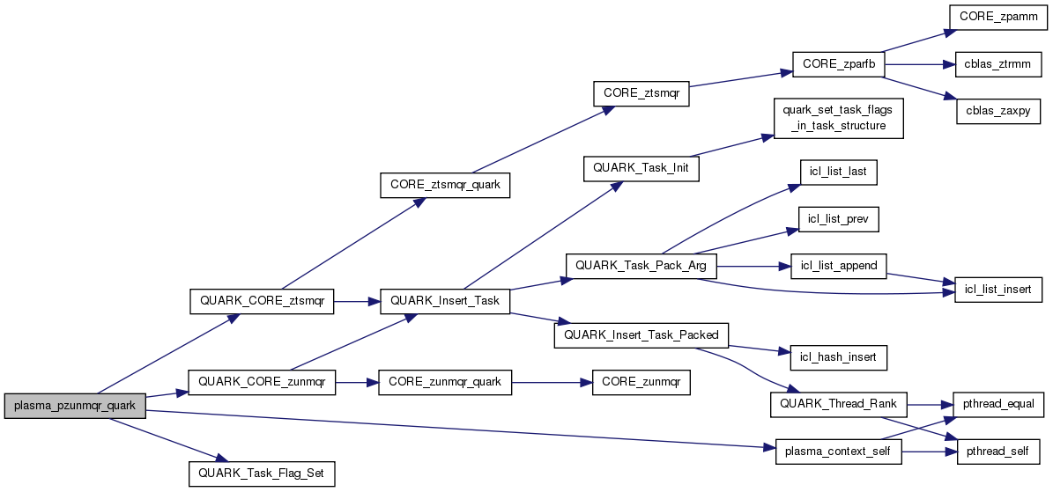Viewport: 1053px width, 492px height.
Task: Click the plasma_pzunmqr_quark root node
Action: tap(75, 406)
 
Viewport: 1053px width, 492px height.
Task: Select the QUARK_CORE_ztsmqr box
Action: tap(262, 301)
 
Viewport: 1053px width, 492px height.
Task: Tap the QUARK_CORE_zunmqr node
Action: tap(262, 382)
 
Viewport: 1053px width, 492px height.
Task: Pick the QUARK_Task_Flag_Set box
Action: tap(262, 474)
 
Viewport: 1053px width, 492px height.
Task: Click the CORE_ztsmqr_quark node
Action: tap(444, 186)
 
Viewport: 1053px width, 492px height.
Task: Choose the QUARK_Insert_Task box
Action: tap(444, 301)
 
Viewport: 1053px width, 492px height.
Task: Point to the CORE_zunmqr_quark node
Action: tap(445, 382)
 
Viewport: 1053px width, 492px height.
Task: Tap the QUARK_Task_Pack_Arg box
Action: tap(641, 265)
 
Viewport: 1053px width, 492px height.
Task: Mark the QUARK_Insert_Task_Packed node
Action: tap(641, 334)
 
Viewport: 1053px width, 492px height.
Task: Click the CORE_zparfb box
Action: tap(838, 65)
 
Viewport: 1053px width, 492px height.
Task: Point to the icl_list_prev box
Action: tap(838, 218)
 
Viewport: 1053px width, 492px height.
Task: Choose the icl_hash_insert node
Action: tap(838, 356)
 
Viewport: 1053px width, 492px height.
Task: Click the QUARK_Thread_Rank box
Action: tap(838, 405)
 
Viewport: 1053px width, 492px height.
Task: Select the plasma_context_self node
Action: tap(838, 452)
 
